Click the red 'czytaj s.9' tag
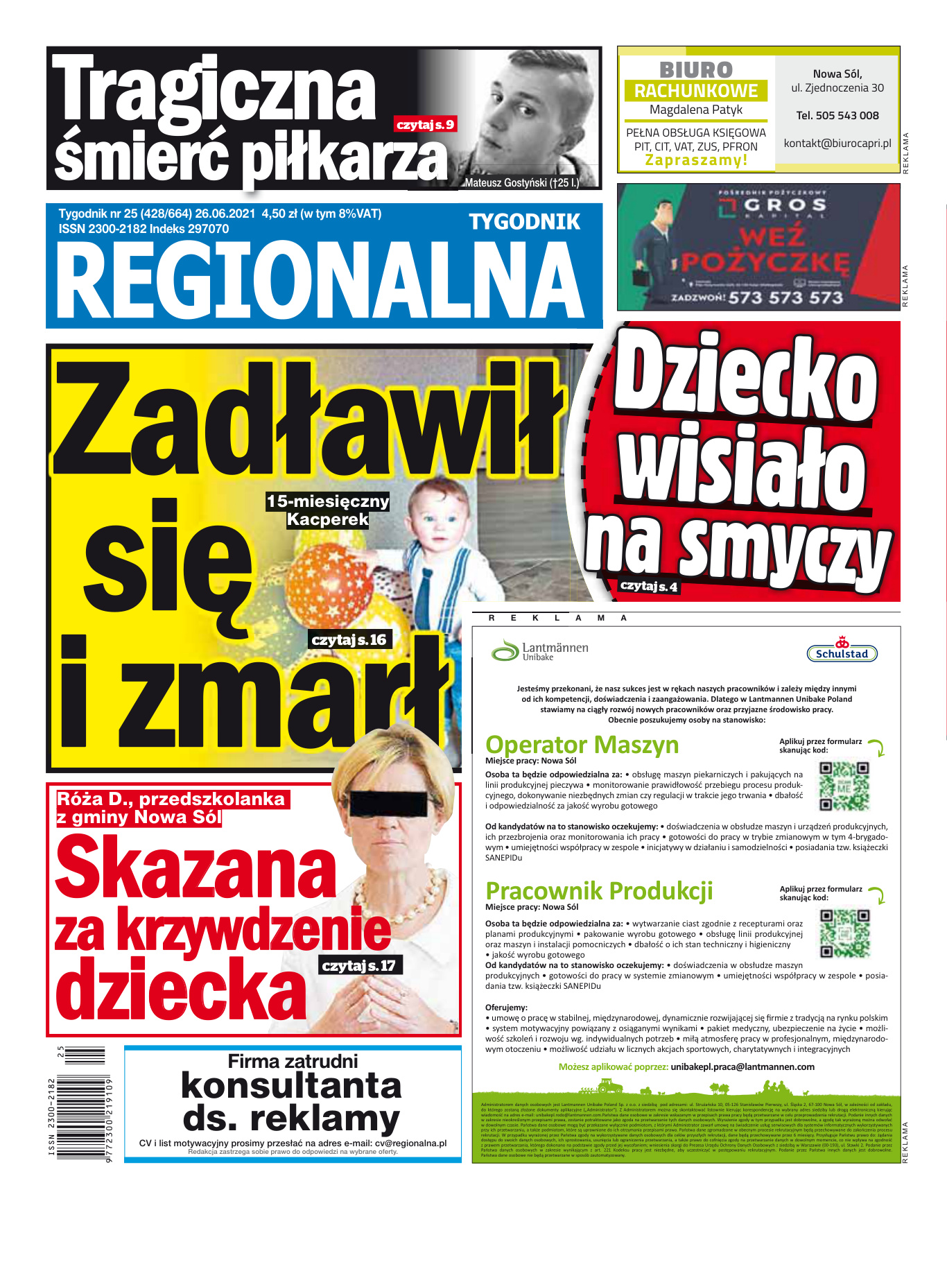pyautogui.click(x=425, y=125)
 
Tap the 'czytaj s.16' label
pyautogui.click(x=349, y=639)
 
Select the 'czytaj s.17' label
pyautogui.click(x=358, y=965)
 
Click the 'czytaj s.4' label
pyautogui.click(x=648, y=587)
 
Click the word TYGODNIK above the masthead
pyautogui.click(x=524, y=222)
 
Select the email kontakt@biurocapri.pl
pyautogui.click(x=837, y=144)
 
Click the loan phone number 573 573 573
pyautogui.click(x=785, y=298)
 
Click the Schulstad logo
pyautogui.click(x=842, y=653)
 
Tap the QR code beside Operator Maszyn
pyautogui.click(x=844, y=786)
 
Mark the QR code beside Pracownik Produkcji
pyautogui.click(x=844, y=933)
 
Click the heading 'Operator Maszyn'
pyautogui.click(x=582, y=745)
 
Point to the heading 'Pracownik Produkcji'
pyautogui.click(x=599, y=891)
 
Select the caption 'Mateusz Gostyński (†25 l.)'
pyautogui.click(x=521, y=183)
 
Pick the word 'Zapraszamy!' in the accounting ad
pyautogui.click(x=696, y=160)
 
